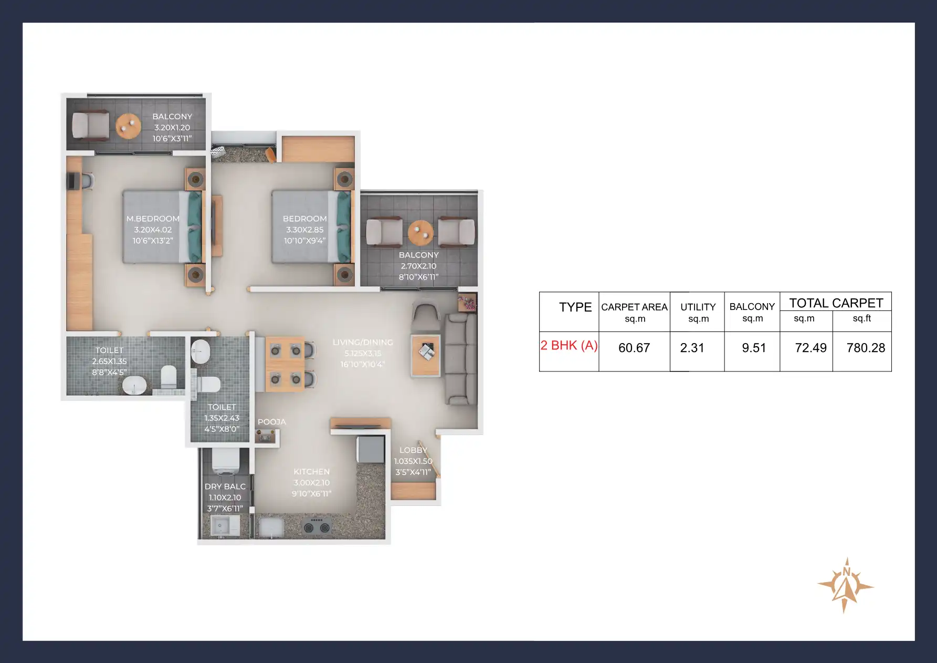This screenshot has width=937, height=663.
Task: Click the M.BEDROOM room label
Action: click(x=153, y=219)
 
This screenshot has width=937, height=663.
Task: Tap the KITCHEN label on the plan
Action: click(x=311, y=472)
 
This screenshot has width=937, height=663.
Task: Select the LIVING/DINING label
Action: click(x=362, y=343)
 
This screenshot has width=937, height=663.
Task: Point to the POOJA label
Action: click(x=271, y=422)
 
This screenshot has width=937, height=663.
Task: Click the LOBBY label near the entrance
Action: click(x=413, y=450)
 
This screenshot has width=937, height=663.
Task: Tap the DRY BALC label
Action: click(x=225, y=486)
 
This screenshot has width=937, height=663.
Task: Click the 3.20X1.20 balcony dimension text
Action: click(x=172, y=128)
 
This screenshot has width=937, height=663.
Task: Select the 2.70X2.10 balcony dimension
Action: click(x=418, y=266)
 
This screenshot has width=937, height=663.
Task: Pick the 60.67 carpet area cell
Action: click(x=634, y=348)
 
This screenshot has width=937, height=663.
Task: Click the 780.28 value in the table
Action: click(x=866, y=348)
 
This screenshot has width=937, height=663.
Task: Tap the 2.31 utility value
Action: click(x=692, y=348)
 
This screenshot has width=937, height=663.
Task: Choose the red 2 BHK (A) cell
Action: click(x=569, y=345)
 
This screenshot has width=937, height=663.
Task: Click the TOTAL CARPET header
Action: click(x=836, y=303)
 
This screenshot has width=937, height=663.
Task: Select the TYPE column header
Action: click(x=575, y=307)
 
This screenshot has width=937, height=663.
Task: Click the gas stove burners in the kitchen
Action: click(x=318, y=526)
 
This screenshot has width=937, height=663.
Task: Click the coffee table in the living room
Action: click(x=426, y=355)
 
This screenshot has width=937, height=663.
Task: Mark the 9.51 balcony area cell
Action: click(x=754, y=348)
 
